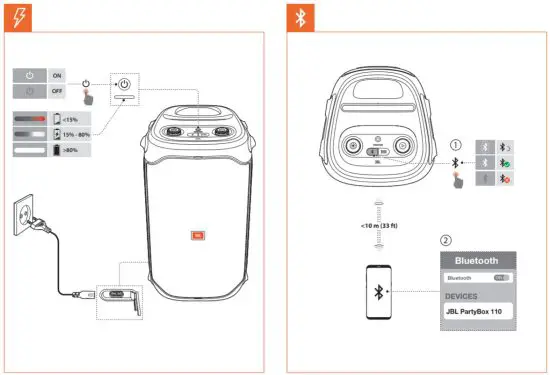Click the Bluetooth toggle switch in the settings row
(501, 278)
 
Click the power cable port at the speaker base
(118, 295)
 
